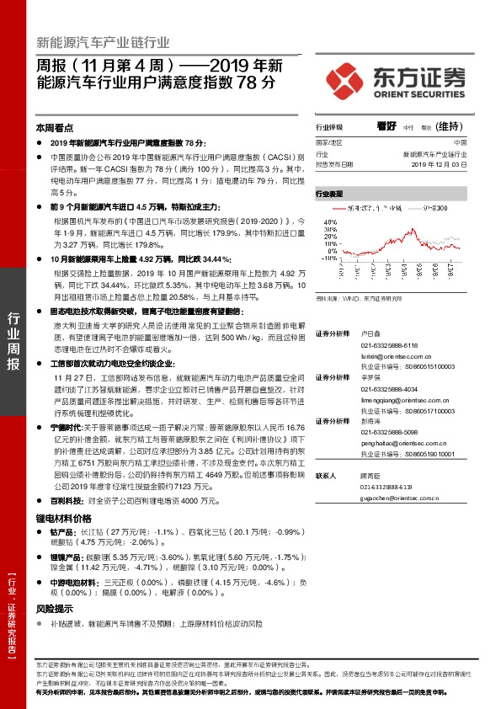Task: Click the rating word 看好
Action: [386, 125]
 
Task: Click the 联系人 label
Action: [325, 476]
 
